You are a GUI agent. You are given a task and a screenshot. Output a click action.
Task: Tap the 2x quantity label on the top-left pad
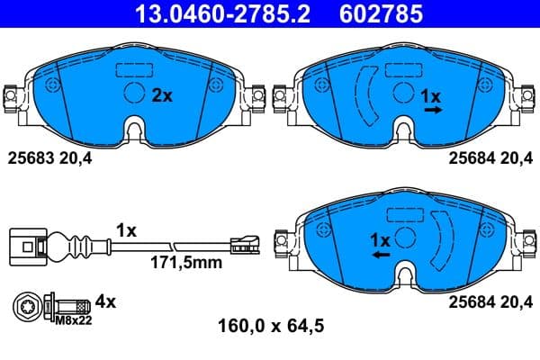162,95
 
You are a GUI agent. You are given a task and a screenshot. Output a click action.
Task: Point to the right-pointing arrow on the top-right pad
433,110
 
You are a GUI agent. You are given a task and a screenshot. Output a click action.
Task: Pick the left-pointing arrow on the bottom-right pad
382,256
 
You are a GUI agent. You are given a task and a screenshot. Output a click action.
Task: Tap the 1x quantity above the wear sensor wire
126,230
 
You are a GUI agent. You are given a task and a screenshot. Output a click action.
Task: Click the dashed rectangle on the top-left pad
133,68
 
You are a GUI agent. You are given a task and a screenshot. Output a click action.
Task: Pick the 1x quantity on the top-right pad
432,94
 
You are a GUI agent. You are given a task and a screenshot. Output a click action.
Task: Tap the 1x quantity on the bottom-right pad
380,240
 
